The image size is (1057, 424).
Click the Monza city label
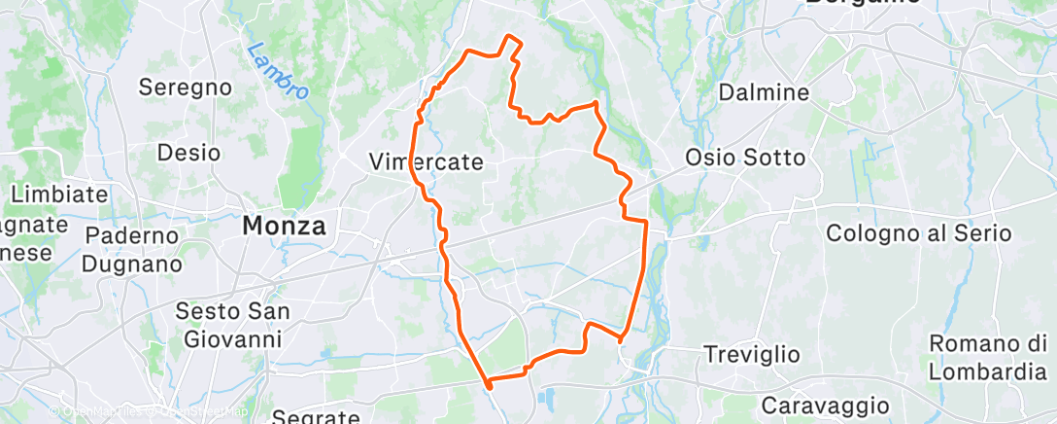[x=284, y=226]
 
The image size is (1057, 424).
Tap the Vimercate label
[x=426, y=162]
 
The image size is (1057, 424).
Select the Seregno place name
[x=185, y=87]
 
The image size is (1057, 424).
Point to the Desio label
[x=188, y=153]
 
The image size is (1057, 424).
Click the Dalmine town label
[x=764, y=93]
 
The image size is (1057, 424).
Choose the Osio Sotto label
[x=745, y=158]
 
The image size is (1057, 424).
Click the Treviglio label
[x=752, y=354]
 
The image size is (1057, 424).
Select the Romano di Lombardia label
[x=987, y=358]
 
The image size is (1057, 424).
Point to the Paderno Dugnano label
[x=132, y=249]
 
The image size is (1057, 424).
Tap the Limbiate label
[x=60, y=194]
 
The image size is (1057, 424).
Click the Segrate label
[x=316, y=416]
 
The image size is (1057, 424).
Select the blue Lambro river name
[x=277, y=70]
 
